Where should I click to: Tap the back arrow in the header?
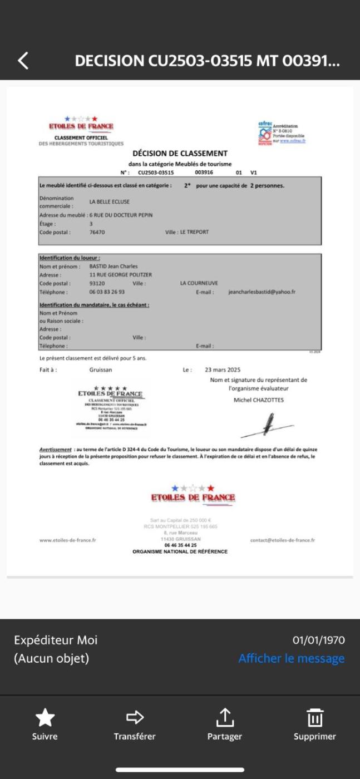[x=23, y=60]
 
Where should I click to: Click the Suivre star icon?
[x=45, y=718]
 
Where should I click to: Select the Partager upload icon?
[x=225, y=718]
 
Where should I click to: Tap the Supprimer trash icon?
[x=315, y=718]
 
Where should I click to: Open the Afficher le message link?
[x=292, y=659]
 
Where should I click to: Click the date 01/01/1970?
[x=319, y=640]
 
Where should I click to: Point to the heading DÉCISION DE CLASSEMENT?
[x=180, y=154]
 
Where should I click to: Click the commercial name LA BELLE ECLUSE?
[x=109, y=202]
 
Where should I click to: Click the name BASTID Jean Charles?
[x=114, y=267]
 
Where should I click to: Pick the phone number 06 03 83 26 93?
[x=107, y=292]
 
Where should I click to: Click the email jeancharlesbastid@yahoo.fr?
[x=262, y=292]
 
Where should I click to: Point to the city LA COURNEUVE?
[x=199, y=283]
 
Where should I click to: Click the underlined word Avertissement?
[x=55, y=449]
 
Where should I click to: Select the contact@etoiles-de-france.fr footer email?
[x=283, y=540]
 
